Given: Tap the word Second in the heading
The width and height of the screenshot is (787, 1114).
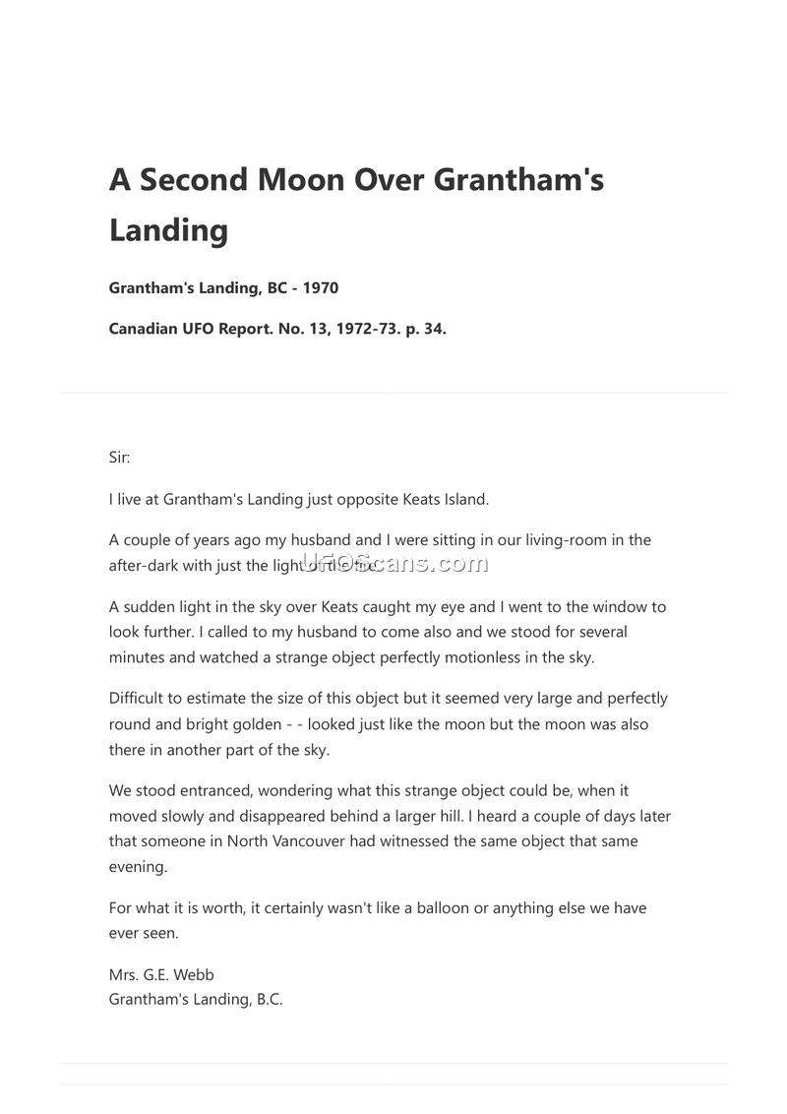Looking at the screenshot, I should tap(193, 179).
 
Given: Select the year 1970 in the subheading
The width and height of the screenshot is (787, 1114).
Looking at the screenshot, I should tap(321, 288).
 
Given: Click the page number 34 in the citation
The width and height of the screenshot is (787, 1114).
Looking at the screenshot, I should tap(434, 329).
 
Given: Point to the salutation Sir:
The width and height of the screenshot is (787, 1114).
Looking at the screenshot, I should tap(119, 458).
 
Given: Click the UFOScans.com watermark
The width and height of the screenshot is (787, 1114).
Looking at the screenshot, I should tap(393, 563).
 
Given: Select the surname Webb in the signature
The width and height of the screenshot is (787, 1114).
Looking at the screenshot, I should tap(194, 974).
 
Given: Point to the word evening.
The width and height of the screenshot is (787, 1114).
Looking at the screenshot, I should tap(137, 867).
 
